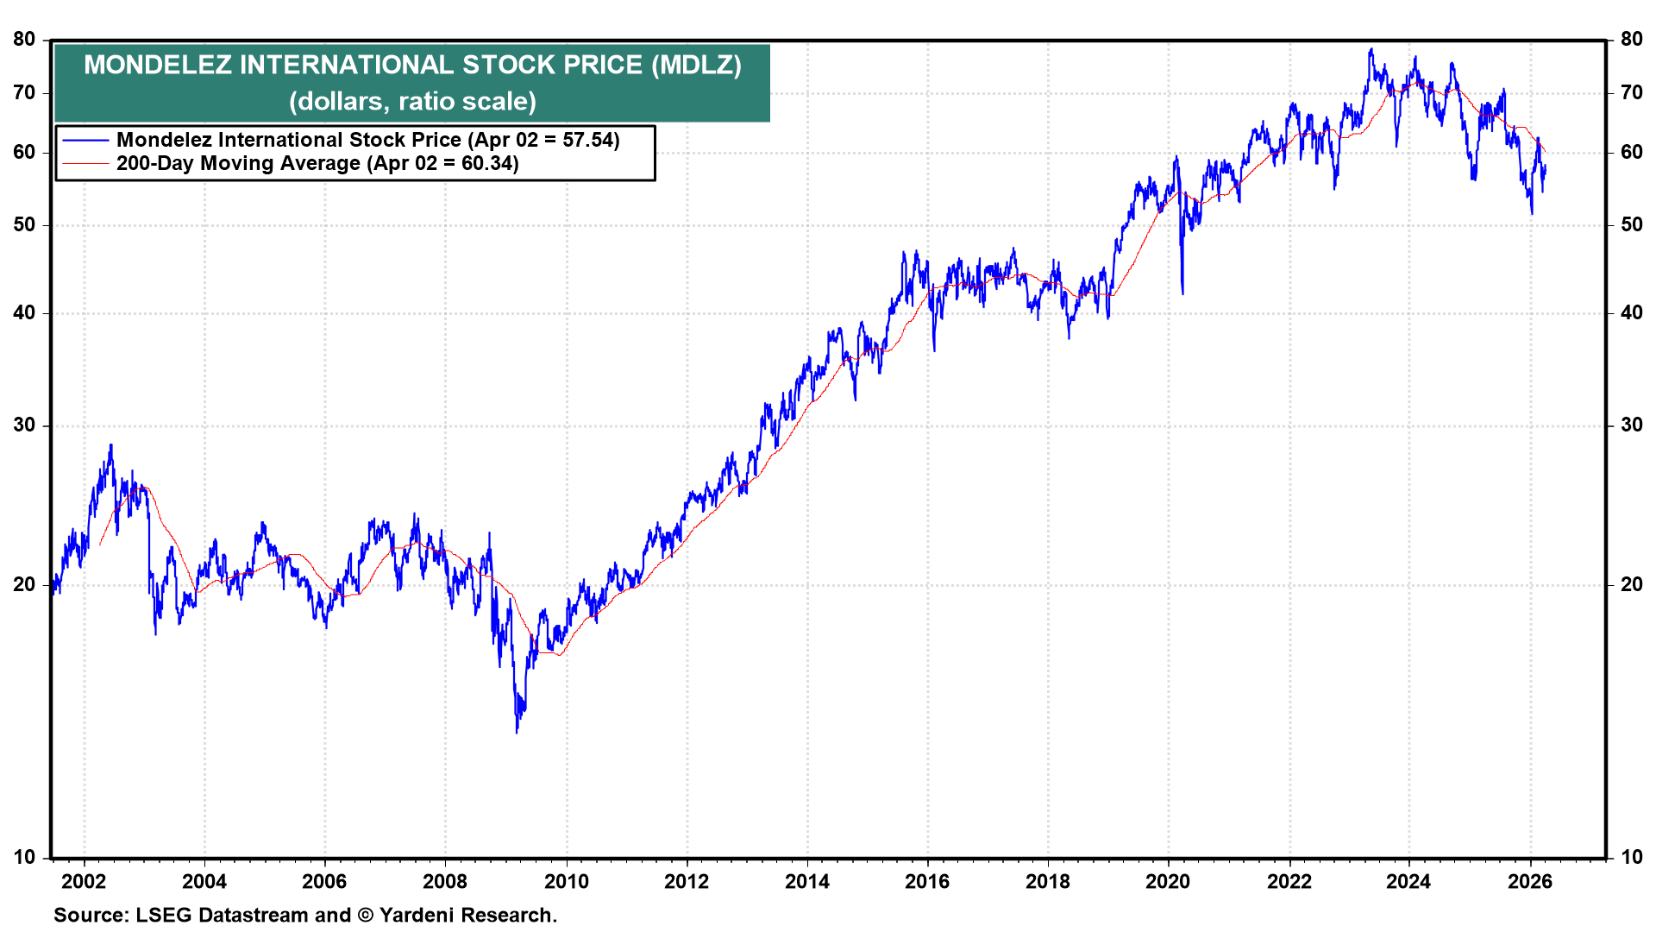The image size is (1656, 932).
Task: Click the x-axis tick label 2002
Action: pos(84,881)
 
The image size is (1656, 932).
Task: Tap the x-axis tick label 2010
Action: pos(566,881)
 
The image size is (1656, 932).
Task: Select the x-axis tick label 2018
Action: pos(1047,881)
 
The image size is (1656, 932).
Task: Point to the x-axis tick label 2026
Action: pos(1529,881)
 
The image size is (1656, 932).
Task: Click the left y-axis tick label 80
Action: pos(24,39)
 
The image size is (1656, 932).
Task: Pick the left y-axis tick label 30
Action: pos(24,425)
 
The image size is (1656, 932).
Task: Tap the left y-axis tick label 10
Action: pos(24,857)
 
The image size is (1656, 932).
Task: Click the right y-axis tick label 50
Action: pos(1631,224)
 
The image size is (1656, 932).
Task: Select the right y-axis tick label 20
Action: pos(1631,584)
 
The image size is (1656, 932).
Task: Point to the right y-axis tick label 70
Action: pos(1631,92)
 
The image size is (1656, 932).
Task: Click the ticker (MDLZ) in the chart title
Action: pos(696,65)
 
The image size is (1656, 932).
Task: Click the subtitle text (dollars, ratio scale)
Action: pos(412,101)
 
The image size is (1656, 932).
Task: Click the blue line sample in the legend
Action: pos(85,140)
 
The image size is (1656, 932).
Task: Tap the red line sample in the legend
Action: pos(85,163)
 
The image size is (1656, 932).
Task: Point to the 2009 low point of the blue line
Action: pos(517,732)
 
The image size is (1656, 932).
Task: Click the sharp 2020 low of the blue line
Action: pos(1182,293)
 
